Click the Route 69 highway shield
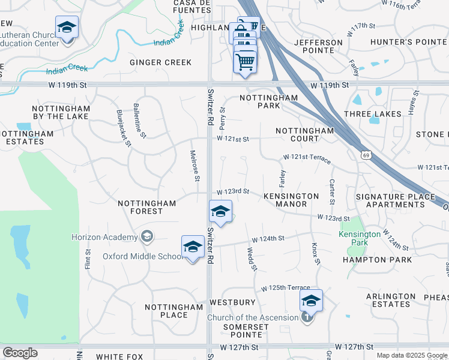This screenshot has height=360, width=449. [x=366, y=155]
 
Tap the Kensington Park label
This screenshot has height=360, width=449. [x=360, y=238]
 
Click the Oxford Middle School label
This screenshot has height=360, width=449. [x=142, y=256]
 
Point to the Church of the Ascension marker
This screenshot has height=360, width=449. [x=307, y=317]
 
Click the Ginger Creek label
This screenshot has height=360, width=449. [x=161, y=62]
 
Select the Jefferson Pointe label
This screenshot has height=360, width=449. [x=318, y=46]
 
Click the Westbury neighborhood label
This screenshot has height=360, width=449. [x=232, y=302]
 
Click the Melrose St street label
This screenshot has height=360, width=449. [x=195, y=166]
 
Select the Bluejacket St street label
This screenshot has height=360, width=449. [x=123, y=128]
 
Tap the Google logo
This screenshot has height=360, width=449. [x=19, y=353]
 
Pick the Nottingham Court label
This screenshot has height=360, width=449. [x=304, y=134]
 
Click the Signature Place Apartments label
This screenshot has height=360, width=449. [x=395, y=200]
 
